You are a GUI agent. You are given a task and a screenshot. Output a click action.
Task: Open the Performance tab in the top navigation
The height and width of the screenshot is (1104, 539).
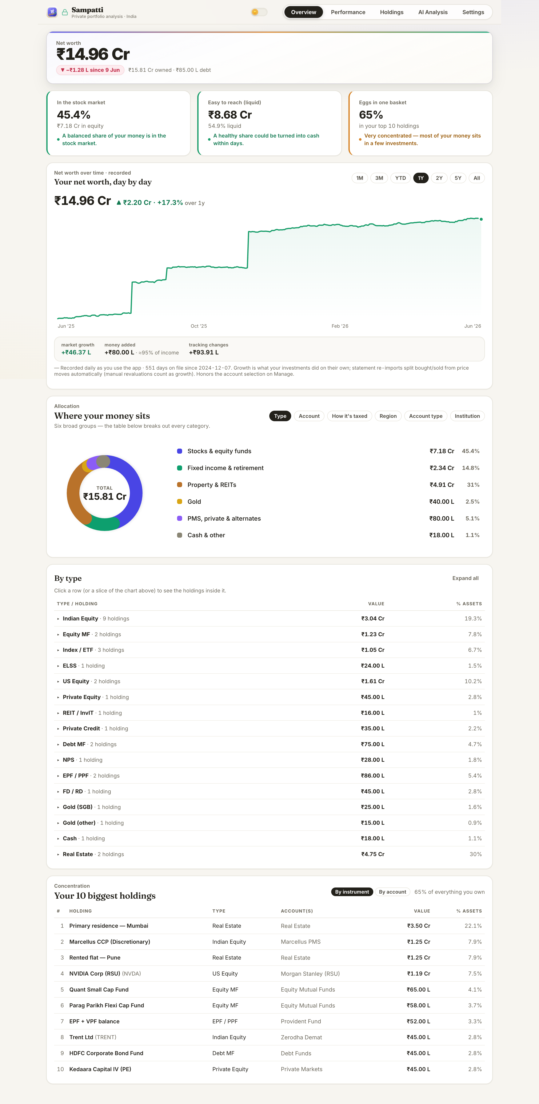pyautogui.click(x=348, y=12)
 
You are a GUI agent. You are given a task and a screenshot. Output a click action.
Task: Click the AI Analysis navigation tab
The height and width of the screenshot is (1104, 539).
pyautogui.click(x=433, y=12)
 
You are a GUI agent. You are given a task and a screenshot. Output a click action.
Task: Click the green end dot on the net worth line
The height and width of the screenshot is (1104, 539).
pyautogui.click(x=481, y=219)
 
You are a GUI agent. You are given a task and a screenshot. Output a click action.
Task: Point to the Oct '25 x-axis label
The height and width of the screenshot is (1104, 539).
pyautogui.click(x=199, y=326)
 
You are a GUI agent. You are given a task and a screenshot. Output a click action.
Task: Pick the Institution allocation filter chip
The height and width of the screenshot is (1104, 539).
pyautogui.click(x=467, y=416)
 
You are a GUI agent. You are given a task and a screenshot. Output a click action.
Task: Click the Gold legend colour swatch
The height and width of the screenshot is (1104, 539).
pyautogui.click(x=180, y=501)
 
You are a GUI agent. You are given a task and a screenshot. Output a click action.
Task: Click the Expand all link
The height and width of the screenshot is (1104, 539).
pyautogui.click(x=465, y=578)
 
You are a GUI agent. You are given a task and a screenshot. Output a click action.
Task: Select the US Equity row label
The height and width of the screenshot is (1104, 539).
pyautogui.click(x=76, y=682)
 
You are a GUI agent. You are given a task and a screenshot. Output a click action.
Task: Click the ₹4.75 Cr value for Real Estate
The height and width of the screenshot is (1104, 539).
pyautogui.click(x=373, y=854)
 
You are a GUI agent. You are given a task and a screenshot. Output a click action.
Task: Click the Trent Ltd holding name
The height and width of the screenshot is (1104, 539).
pyautogui.click(x=81, y=1037)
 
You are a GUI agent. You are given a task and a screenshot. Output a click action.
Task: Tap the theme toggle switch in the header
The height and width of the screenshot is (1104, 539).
pyautogui.click(x=259, y=12)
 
